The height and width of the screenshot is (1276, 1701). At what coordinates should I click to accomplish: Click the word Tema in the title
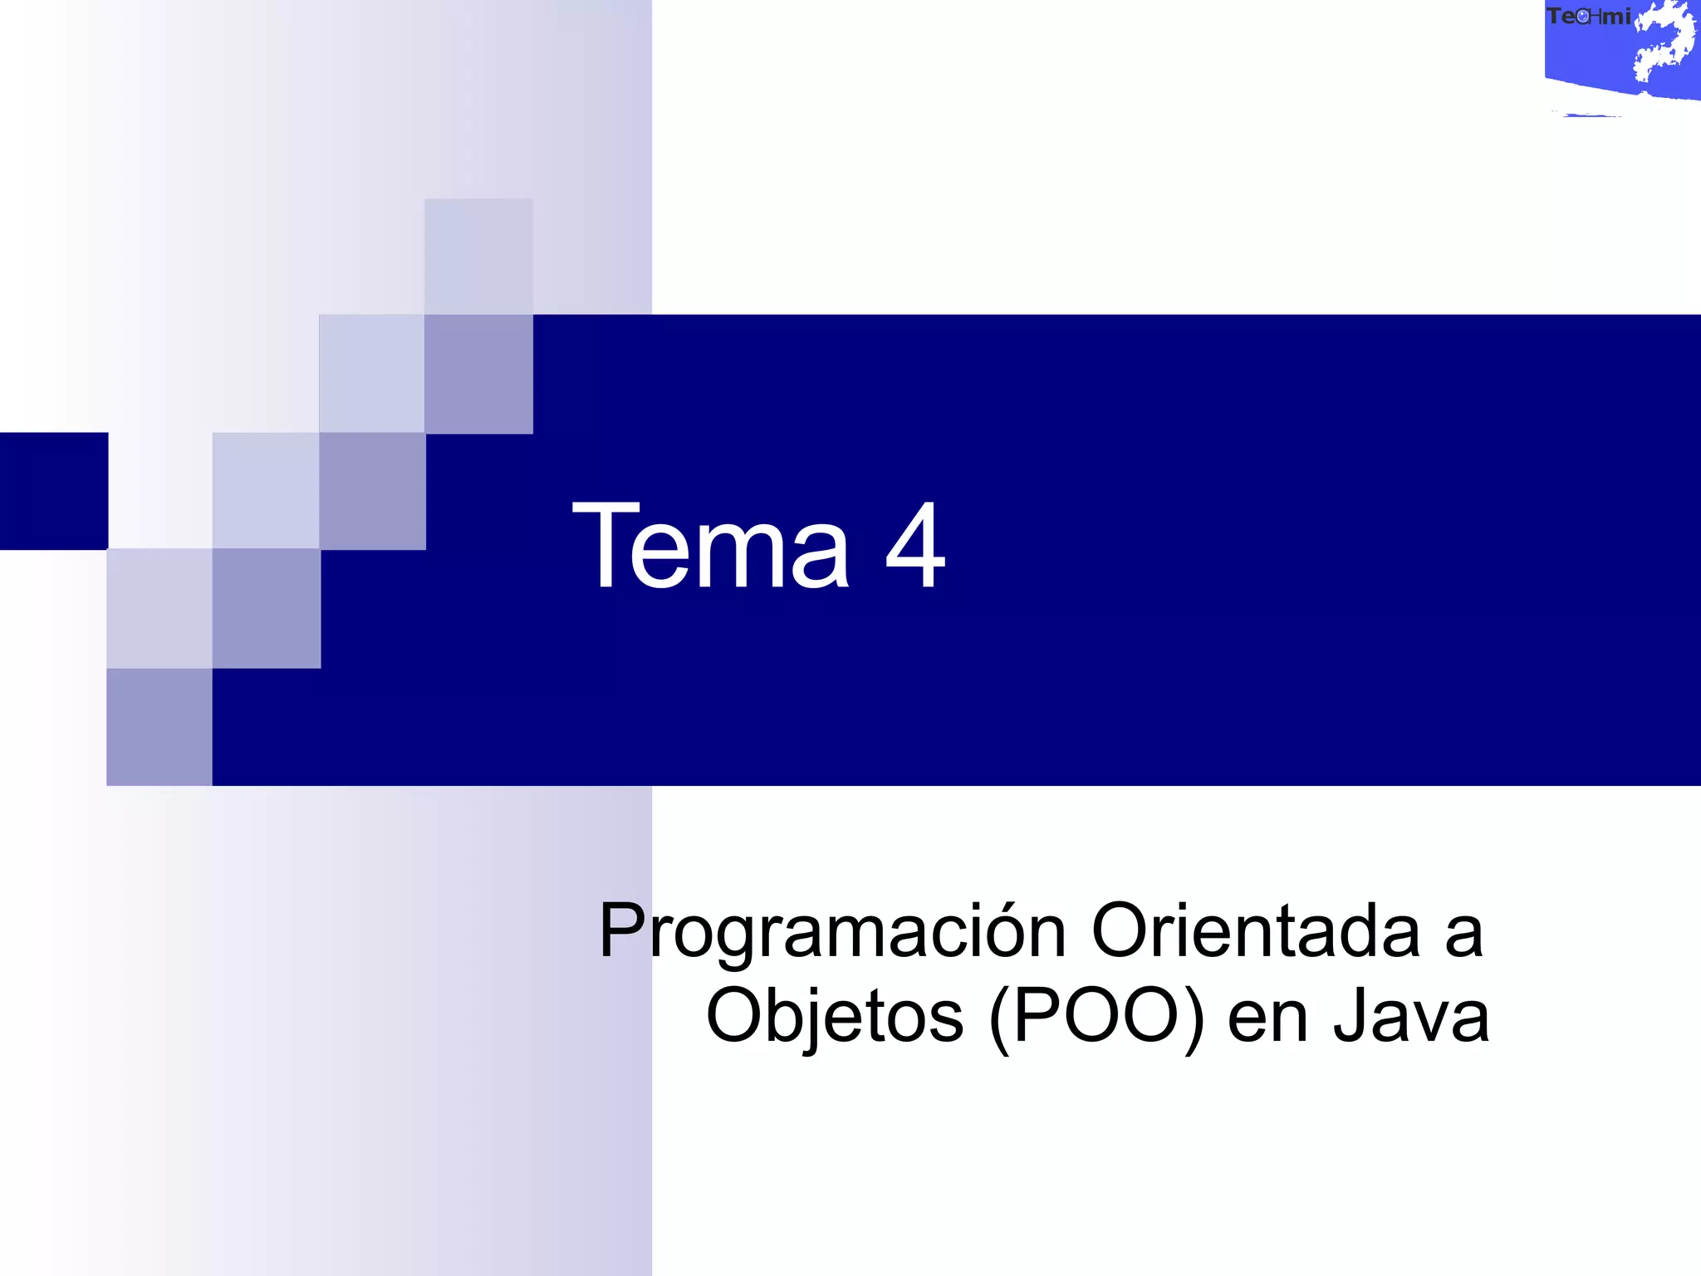pos(711,546)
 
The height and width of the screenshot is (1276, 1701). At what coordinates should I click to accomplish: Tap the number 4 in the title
pos(915,546)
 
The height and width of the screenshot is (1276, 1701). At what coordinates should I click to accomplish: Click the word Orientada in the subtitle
pos(1255,931)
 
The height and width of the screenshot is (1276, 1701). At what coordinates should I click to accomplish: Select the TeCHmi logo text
pos(1588,17)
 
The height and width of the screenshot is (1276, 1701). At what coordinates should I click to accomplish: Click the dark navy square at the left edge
pos(53,491)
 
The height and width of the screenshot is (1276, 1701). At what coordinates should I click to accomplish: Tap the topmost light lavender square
pos(478,256)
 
